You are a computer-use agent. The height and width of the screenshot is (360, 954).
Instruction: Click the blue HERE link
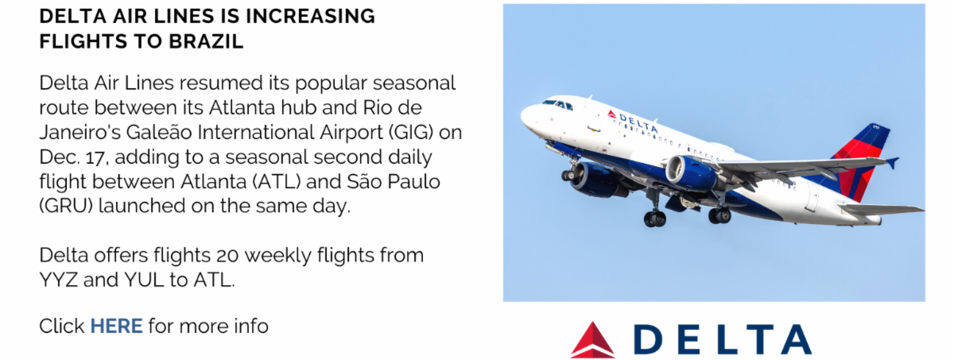pyautogui.click(x=116, y=327)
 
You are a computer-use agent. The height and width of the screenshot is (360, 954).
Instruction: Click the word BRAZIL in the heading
pyautogui.click(x=206, y=41)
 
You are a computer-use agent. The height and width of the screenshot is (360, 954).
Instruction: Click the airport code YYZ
pyautogui.click(x=58, y=280)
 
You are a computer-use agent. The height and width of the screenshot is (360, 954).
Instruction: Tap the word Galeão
pyautogui.click(x=159, y=133)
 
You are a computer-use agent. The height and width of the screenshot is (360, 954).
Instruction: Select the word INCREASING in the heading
pyautogui.click(x=311, y=16)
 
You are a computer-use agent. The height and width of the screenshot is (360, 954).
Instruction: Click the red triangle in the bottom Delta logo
pyautogui.click(x=592, y=339)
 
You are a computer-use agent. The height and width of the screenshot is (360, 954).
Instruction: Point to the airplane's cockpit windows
pyautogui.click(x=557, y=104)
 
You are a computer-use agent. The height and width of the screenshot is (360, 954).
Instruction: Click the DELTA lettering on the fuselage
pyautogui.click(x=638, y=122)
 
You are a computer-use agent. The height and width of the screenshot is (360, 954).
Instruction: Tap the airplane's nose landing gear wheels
pyautogui.click(x=569, y=175)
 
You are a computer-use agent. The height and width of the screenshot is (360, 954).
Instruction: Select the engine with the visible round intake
pyautogui.click(x=689, y=171)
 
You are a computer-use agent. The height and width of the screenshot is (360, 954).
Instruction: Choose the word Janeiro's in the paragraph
pyautogui.click(x=80, y=133)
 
